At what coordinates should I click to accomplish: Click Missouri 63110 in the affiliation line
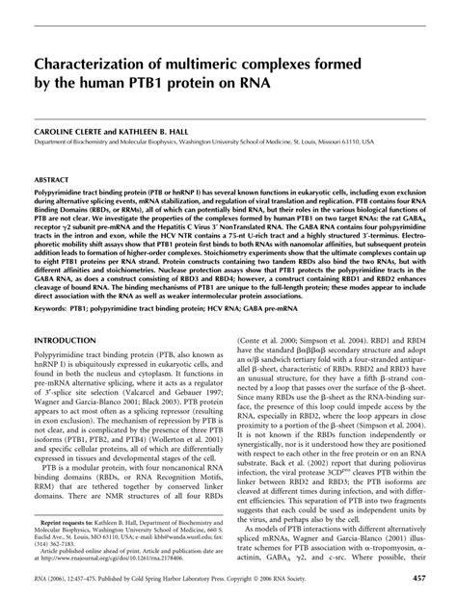372,141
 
